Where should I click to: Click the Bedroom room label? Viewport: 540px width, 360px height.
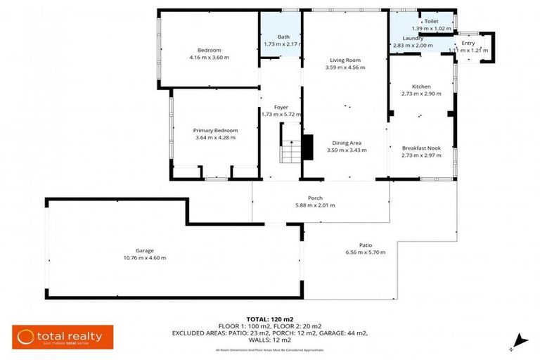(x=209, y=50)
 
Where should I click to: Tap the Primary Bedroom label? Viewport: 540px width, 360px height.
(x=215, y=130)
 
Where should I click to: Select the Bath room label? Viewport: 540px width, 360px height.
(x=283, y=37)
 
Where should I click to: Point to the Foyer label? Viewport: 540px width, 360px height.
(x=281, y=108)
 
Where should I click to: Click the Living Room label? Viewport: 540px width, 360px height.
(x=345, y=60)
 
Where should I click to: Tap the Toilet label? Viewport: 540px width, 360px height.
(x=430, y=22)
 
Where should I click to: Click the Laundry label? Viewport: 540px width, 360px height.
(x=412, y=38)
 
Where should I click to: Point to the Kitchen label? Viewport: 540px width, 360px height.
(x=421, y=86)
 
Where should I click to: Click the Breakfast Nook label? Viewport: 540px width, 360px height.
(x=421, y=148)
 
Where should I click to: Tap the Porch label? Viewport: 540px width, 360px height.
(x=315, y=198)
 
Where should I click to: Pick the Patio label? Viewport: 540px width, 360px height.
(x=366, y=245)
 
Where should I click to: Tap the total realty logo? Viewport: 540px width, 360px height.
(x=59, y=337)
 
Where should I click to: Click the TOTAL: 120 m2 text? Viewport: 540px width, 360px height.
(x=270, y=319)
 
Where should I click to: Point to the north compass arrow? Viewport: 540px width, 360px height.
(x=519, y=340)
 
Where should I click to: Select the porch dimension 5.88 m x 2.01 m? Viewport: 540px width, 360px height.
(x=315, y=205)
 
